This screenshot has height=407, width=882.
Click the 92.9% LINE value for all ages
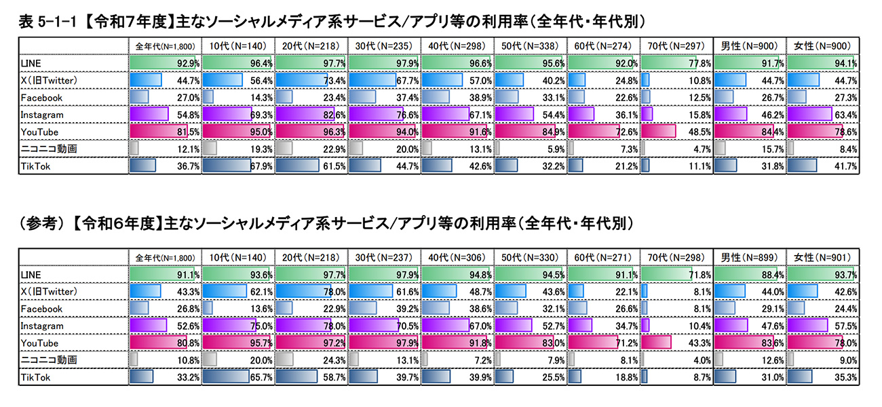click(x=188, y=63)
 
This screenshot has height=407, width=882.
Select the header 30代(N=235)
click(x=384, y=46)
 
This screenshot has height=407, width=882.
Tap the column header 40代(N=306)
click(x=457, y=257)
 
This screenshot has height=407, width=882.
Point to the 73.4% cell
click(x=334, y=81)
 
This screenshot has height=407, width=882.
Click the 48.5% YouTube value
click(x=699, y=132)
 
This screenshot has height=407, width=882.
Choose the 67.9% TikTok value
click(x=261, y=166)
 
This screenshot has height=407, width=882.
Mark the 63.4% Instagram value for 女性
click(x=846, y=115)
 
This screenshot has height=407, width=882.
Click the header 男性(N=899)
click(x=749, y=257)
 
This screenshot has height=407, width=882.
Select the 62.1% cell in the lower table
click(x=261, y=292)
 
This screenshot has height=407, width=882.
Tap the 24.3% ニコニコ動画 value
click(x=334, y=360)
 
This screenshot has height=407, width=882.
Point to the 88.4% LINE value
click(x=773, y=275)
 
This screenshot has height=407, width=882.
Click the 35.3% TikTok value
click(x=846, y=377)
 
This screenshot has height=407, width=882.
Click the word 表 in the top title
click(x=26, y=22)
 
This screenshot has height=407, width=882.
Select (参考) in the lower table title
click(x=41, y=224)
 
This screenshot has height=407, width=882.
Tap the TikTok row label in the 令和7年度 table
click(x=35, y=166)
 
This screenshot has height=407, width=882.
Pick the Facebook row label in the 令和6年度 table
click(x=41, y=309)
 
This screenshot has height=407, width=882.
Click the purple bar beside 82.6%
click(x=305, y=114)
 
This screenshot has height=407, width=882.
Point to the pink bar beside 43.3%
click(x=656, y=342)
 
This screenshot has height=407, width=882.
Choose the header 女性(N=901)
click(x=822, y=257)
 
